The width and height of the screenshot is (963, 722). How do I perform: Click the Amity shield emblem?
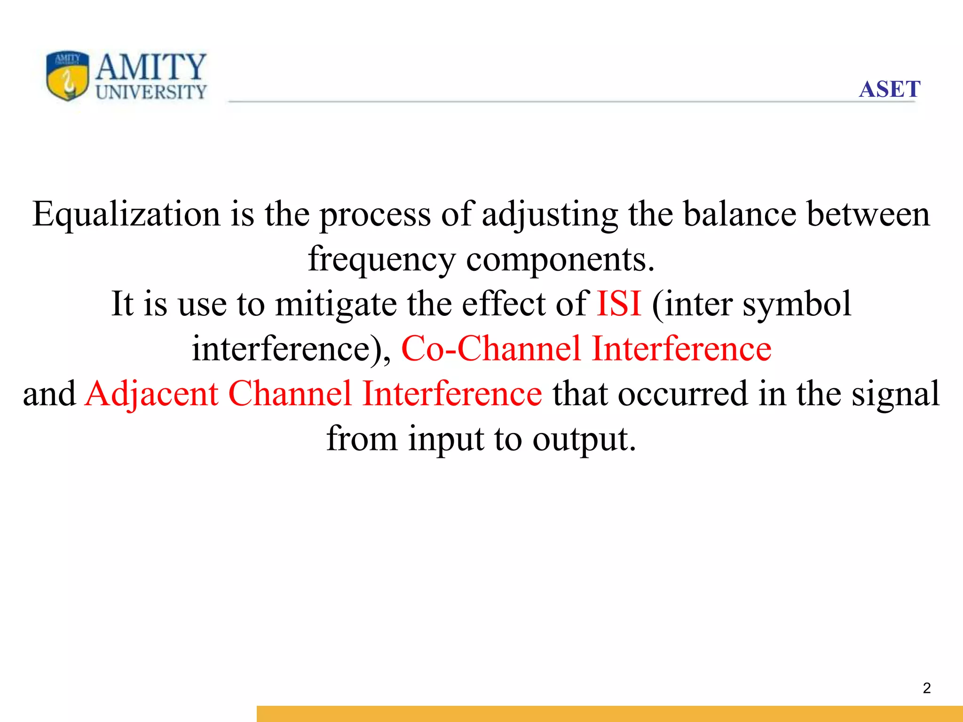click(67, 76)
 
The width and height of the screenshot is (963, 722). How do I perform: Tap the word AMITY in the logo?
click(151, 67)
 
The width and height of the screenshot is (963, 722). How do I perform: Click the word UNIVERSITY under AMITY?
click(151, 92)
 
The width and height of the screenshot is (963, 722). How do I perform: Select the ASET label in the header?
click(889, 89)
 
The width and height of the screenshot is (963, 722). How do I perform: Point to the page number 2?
click(927, 688)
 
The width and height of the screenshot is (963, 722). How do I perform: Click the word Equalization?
click(126, 215)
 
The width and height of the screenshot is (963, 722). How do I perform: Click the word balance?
click(740, 214)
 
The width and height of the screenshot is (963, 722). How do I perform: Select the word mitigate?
click(336, 305)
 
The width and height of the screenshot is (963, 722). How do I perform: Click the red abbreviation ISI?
click(619, 304)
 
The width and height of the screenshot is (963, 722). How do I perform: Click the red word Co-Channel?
click(491, 348)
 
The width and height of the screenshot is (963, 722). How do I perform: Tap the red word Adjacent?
click(151, 394)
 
